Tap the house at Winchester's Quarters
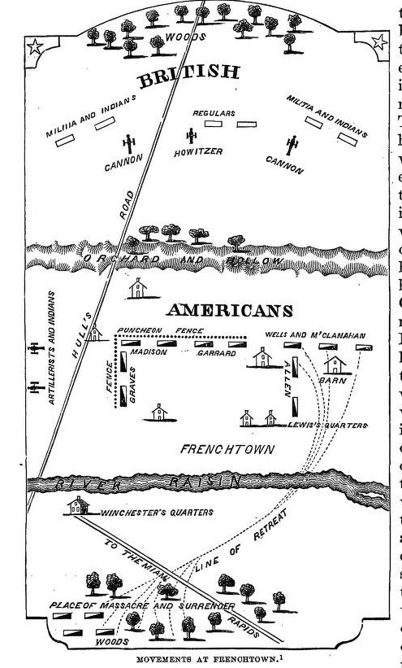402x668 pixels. [78, 508]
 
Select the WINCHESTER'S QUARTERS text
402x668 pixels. [145, 513]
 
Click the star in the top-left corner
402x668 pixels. [35, 49]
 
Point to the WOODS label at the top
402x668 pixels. [179, 37]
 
